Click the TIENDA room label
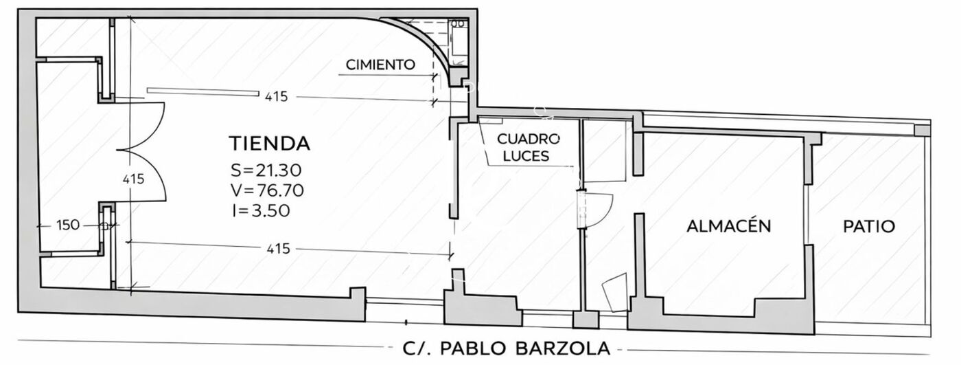(x=270, y=143)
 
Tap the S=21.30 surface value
(x=266, y=170)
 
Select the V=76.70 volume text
(x=267, y=190)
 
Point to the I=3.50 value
(x=261, y=210)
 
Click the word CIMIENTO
(x=380, y=65)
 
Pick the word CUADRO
(x=529, y=139)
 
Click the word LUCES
(x=526, y=156)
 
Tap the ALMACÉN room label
(x=729, y=226)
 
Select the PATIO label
(x=869, y=226)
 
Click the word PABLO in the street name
(x=474, y=349)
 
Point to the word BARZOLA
(x=562, y=349)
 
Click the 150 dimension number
(x=68, y=225)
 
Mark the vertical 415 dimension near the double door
(x=133, y=179)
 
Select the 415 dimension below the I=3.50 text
(x=279, y=249)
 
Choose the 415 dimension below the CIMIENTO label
(x=276, y=97)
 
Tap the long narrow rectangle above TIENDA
(x=203, y=92)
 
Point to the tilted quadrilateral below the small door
(x=615, y=292)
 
